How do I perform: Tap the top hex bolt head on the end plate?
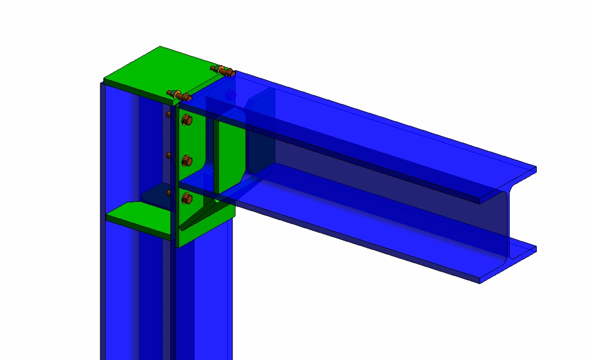186,120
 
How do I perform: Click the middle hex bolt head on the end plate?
186,161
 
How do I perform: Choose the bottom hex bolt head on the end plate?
186,198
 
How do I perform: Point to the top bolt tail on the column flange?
169,114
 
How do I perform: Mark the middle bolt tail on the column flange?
169,155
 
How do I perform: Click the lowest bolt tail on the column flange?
169,193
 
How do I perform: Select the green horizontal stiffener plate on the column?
139,220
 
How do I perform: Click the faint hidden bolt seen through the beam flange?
230,95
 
